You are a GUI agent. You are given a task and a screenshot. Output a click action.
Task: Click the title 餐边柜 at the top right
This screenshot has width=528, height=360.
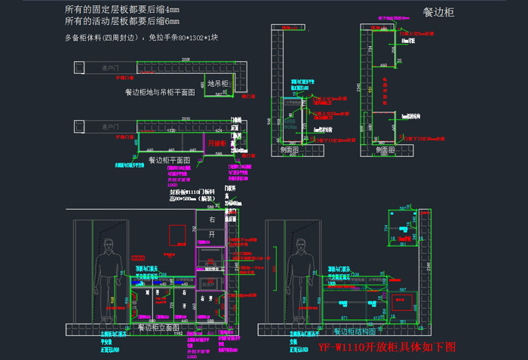438,13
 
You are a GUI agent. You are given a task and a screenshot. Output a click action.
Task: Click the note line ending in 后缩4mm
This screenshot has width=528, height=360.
122,10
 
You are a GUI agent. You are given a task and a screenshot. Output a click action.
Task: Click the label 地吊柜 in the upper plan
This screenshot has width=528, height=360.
217,82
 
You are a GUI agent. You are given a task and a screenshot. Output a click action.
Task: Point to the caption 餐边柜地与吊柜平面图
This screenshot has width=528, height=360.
160,91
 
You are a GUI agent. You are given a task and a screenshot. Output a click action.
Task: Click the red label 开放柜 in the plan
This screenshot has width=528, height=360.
217,143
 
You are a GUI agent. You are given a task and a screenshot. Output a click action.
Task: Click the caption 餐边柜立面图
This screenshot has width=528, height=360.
158,328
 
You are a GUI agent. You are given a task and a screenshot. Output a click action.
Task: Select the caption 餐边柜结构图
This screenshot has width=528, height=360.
352,331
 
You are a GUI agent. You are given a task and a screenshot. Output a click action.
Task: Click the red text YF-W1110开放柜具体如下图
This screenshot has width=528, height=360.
388,347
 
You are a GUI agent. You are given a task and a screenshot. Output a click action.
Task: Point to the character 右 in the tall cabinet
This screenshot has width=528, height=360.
212,220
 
